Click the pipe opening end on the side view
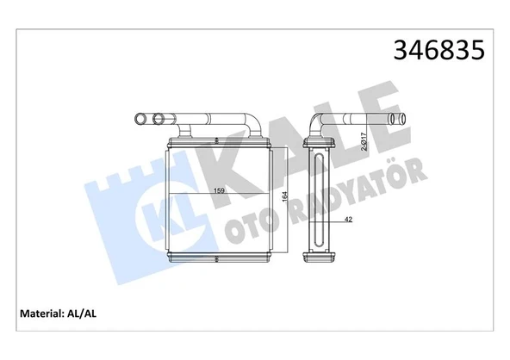[398, 118]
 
